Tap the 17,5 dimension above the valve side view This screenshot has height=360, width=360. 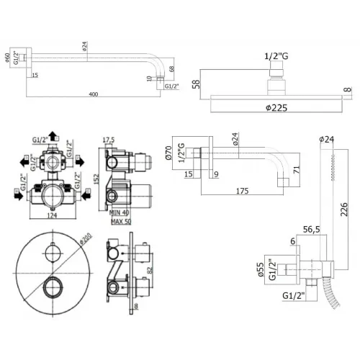[x=109, y=140]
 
